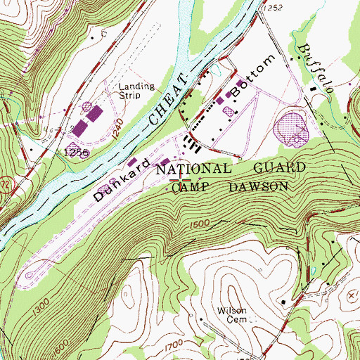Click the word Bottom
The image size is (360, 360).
click(x=249, y=78)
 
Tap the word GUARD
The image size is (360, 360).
click(x=279, y=168)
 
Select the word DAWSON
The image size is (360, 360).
click(x=258, y=186)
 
